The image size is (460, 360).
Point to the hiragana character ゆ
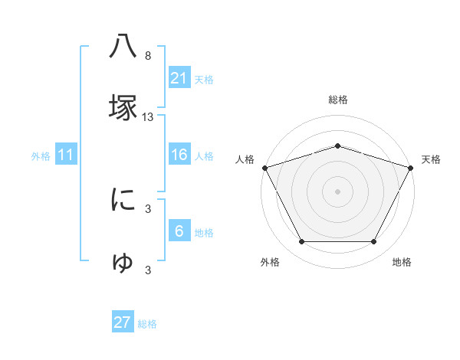123,262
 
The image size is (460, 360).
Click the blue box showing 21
179,78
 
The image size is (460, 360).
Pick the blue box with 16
179,155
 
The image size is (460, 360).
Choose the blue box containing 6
179,231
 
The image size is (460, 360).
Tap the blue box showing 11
66,155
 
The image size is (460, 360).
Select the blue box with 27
123,322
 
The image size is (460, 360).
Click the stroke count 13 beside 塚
148,117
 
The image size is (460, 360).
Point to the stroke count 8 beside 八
148,56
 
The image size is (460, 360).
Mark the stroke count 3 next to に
148,208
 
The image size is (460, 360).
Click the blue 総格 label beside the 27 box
147,324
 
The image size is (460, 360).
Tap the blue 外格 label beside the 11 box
41,156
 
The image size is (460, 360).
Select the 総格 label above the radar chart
338,100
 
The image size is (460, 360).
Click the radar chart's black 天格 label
431,159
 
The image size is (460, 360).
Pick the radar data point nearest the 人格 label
264,167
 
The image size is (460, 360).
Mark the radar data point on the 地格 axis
374,242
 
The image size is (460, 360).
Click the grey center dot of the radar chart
338,191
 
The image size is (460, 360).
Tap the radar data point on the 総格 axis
338,146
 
